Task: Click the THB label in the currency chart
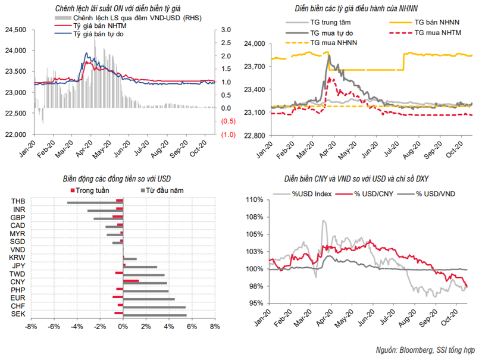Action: coord(18,202)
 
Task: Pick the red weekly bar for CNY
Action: coord(131,280)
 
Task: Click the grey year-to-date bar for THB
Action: coord(95,203)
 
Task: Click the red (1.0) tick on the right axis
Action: coord(227,134)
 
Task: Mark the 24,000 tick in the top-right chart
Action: coord(254,44)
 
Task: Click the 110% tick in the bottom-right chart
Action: coord(255,200)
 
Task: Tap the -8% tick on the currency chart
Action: coord(32,327)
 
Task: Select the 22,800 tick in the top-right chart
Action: coord(254,135)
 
